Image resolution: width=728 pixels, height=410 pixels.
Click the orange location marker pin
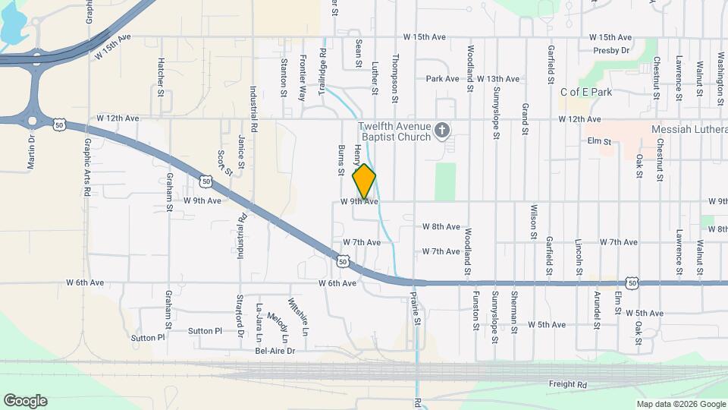[x=365, y=181]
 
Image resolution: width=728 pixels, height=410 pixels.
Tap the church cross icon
[x=443, y=133]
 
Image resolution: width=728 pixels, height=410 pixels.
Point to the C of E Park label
[x=586, y=92]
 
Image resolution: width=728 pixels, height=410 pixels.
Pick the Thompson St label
[x=395, y=78]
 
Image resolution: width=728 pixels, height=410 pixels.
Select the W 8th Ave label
[x=441, y=227]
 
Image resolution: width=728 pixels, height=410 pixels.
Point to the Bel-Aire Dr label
[x=275, y=351]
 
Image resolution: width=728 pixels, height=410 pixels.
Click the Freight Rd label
[x=568, y=385]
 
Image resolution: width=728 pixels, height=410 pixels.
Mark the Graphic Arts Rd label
[x=88, y=167]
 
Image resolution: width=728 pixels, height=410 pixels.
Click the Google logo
[x=25, y=401]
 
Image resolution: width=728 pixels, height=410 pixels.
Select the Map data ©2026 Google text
[x=680, y=404]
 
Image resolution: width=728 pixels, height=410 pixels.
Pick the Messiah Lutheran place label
[x=689, y=130]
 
